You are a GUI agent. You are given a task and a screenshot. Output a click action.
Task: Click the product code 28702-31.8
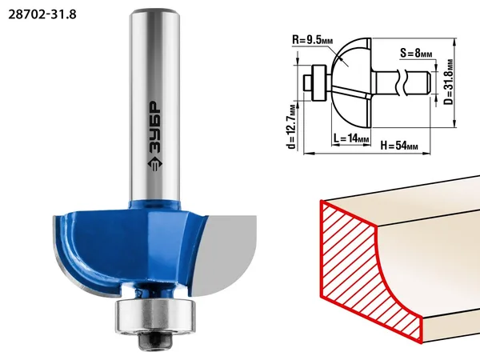click(x=42, y=14)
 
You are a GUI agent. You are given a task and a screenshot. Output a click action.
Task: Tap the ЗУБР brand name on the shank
click(x=154, y=127)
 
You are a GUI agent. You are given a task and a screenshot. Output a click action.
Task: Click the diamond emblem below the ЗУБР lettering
click(x=154, y=164)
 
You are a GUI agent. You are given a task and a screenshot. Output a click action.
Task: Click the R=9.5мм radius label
click(x=312, y=39)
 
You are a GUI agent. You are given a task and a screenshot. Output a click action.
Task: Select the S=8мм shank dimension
click(x=416, y=53)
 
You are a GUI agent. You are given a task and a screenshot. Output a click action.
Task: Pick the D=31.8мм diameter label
click(x=449, y=82)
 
